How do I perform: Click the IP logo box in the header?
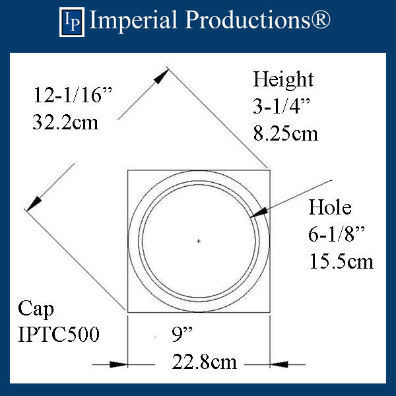click(73, 21)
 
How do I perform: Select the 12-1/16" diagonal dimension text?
click(74, 96)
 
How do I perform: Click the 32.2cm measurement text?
click(65, 122)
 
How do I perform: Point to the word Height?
click(284, 80)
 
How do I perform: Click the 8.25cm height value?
click(286, 133)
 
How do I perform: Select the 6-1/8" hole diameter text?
click(335, 234)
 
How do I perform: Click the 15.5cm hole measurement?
click(341, 261)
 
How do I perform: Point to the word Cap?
click(36, 308)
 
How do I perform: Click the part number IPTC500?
click(59, 335)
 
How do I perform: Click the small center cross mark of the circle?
click(199, 242)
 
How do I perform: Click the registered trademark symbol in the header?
click(319, 20)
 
